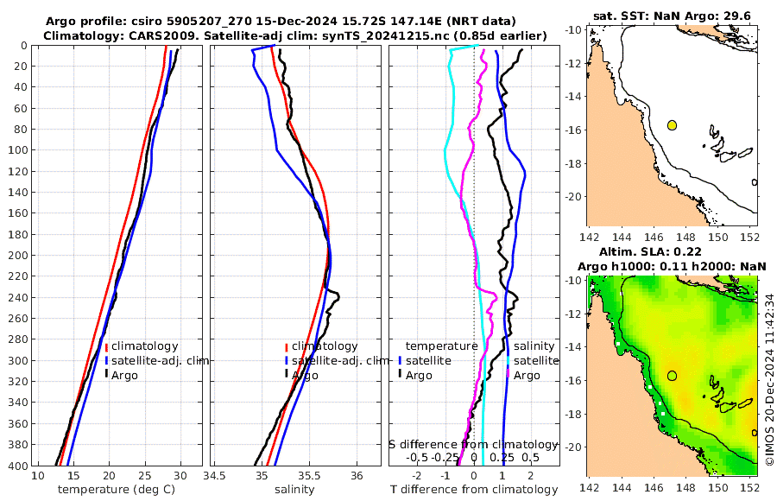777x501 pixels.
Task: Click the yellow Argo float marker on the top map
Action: [x=672, y=125]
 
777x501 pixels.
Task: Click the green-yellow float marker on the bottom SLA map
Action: [x=672, y=376]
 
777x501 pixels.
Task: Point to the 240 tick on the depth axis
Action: [x=18, y=298]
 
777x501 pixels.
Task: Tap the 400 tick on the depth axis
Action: [x=18, y=466]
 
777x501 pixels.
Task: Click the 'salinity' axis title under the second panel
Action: [x=293, y=490]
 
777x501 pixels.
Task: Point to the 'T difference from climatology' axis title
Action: [x=475, y=490]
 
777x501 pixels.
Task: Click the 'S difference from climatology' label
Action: [x=474, y=443]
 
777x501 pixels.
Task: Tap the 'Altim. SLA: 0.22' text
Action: [x=671, y=250]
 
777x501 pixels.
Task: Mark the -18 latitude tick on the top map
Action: [x=575, y=163]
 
